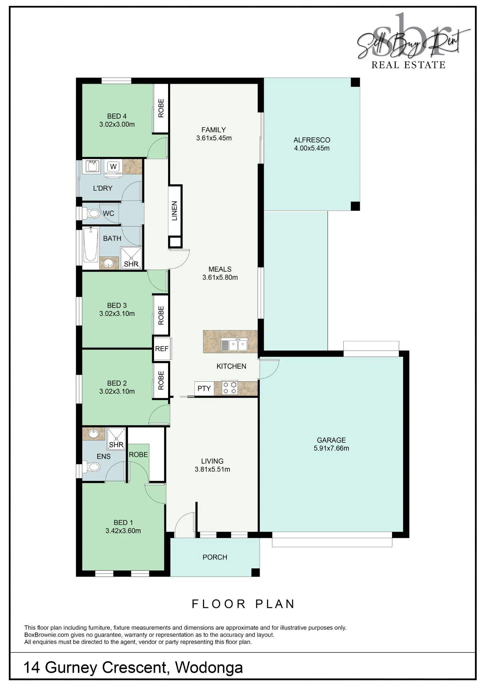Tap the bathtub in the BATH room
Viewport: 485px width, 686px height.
pyautogui.click(x=91, y=245)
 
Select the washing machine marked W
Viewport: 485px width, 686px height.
pyautogui.click(x=113, y=167)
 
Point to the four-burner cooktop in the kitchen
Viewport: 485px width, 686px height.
pyautogui.click(x=230, y=388)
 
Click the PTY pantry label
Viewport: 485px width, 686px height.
pyautogui.click(x=204, y=389)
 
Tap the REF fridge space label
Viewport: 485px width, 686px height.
pyautogui.click(x=162, y=349)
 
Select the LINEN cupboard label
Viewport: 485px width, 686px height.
pyautogui.click(x=175, y=211)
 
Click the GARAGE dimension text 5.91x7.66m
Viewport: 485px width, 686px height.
pyautogui.click(x=331, y=448)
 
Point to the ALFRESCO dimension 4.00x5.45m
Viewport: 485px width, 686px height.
pyautogui.click(x=312, y=149)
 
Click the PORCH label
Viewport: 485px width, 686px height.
pyautogui.click(x=215, y=557)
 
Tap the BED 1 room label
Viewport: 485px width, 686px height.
pyautogui.click(x=123, y=523)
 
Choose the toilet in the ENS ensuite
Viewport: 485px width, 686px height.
pyautogui.click(x=91, y=467)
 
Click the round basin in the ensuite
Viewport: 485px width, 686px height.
pyautogui.click(x=93, y=434)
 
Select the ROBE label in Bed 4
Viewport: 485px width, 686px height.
pyautogui.click(x=161, y=108)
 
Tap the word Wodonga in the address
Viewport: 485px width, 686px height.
pyautogui.click(x=209, y=668)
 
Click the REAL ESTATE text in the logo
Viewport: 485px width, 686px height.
pyautogui.click(x=408, y=65)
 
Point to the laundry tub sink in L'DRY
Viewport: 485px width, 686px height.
pyautogui.click(x=92, y=167)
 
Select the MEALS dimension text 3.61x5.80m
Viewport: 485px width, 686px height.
pyautogui.click(x=220, y=277)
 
